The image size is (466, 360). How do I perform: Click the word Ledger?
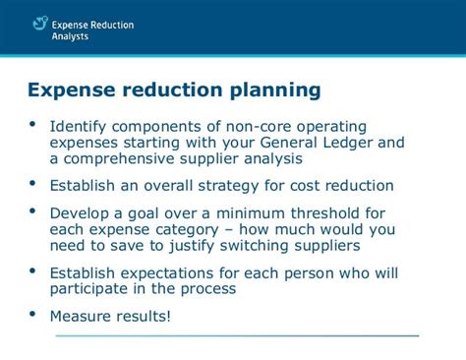349,142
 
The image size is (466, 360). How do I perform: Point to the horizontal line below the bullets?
236,335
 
